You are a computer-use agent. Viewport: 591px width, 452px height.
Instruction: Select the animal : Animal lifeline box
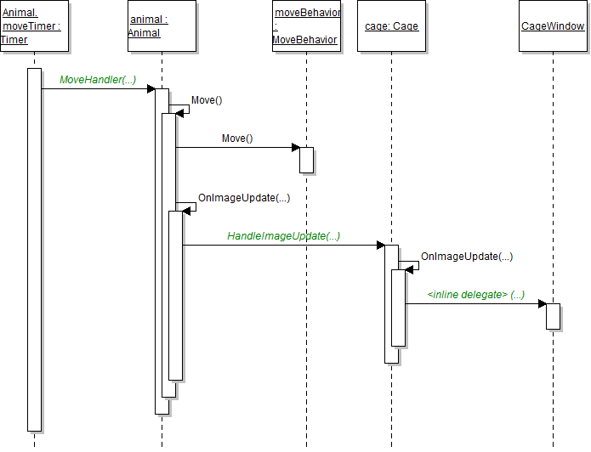click(x=162, y=26)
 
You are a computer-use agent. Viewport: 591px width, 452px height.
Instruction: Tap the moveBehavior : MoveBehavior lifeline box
click(x=306, y=26)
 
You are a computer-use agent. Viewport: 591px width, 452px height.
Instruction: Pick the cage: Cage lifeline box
click(x=391, y=26)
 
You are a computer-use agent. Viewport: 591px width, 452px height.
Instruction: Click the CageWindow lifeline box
click(x=553, y=26)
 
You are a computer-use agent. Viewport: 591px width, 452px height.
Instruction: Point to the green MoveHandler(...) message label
click(x=98, y=80)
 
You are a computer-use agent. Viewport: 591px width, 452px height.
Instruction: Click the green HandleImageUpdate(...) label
click(x=284, y=236)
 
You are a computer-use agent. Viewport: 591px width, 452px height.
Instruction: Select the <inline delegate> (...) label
click(x=475, y=294)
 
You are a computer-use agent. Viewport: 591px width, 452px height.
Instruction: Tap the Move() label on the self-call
click(x=207, y=100)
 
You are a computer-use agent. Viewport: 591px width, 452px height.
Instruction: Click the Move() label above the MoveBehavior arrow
click(x=237, y=138)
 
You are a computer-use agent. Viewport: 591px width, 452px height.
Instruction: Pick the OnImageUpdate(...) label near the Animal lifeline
click(x=244, y=197)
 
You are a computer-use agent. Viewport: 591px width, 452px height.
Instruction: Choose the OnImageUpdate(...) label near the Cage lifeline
click(x=467, y=256)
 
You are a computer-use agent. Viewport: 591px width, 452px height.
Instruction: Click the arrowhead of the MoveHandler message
click(x=151, y=88)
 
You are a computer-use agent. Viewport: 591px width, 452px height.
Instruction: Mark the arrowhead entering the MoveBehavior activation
click(x=295, y=148)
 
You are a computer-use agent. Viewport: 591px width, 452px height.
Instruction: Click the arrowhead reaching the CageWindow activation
click(x=542, y=303)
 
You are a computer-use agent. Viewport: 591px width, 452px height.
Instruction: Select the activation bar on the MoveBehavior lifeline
click(x=306, y=160)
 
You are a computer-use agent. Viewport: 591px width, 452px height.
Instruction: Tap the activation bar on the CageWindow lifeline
click(x=553, y=316)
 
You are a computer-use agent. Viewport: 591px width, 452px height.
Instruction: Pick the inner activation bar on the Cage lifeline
click(x=398, y=308)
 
